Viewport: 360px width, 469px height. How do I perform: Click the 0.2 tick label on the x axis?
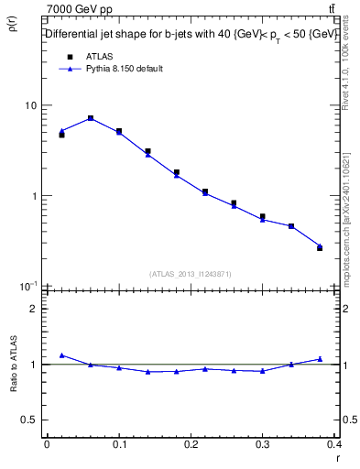(191, 445)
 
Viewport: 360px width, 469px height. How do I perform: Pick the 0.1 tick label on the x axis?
(118, 445)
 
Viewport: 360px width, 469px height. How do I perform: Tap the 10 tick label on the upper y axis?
(31, 105)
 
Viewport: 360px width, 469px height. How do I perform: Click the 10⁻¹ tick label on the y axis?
(29, 286)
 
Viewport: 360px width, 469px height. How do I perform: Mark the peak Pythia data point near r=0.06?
(90, 118)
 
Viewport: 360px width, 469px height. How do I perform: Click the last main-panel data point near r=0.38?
(320, 246)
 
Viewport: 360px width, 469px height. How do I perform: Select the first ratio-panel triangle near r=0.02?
(61, 354)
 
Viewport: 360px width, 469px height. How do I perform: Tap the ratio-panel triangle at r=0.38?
(320, 359)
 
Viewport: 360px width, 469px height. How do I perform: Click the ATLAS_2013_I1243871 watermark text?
(191, 274)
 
